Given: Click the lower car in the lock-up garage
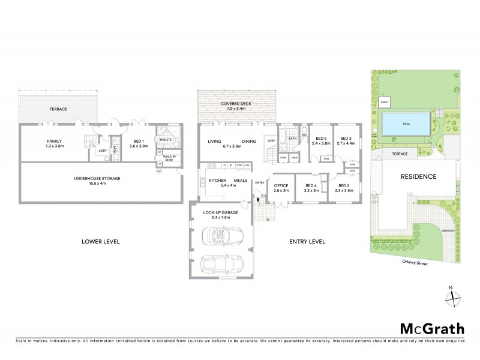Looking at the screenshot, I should [x=220, y=264].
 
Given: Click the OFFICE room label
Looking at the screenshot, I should [x=281, y=185].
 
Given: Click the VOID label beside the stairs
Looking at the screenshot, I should [x=271, y=142].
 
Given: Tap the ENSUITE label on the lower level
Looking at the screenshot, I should [x=166, y=139].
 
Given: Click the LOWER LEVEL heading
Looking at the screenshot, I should [x=101, y=242].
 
